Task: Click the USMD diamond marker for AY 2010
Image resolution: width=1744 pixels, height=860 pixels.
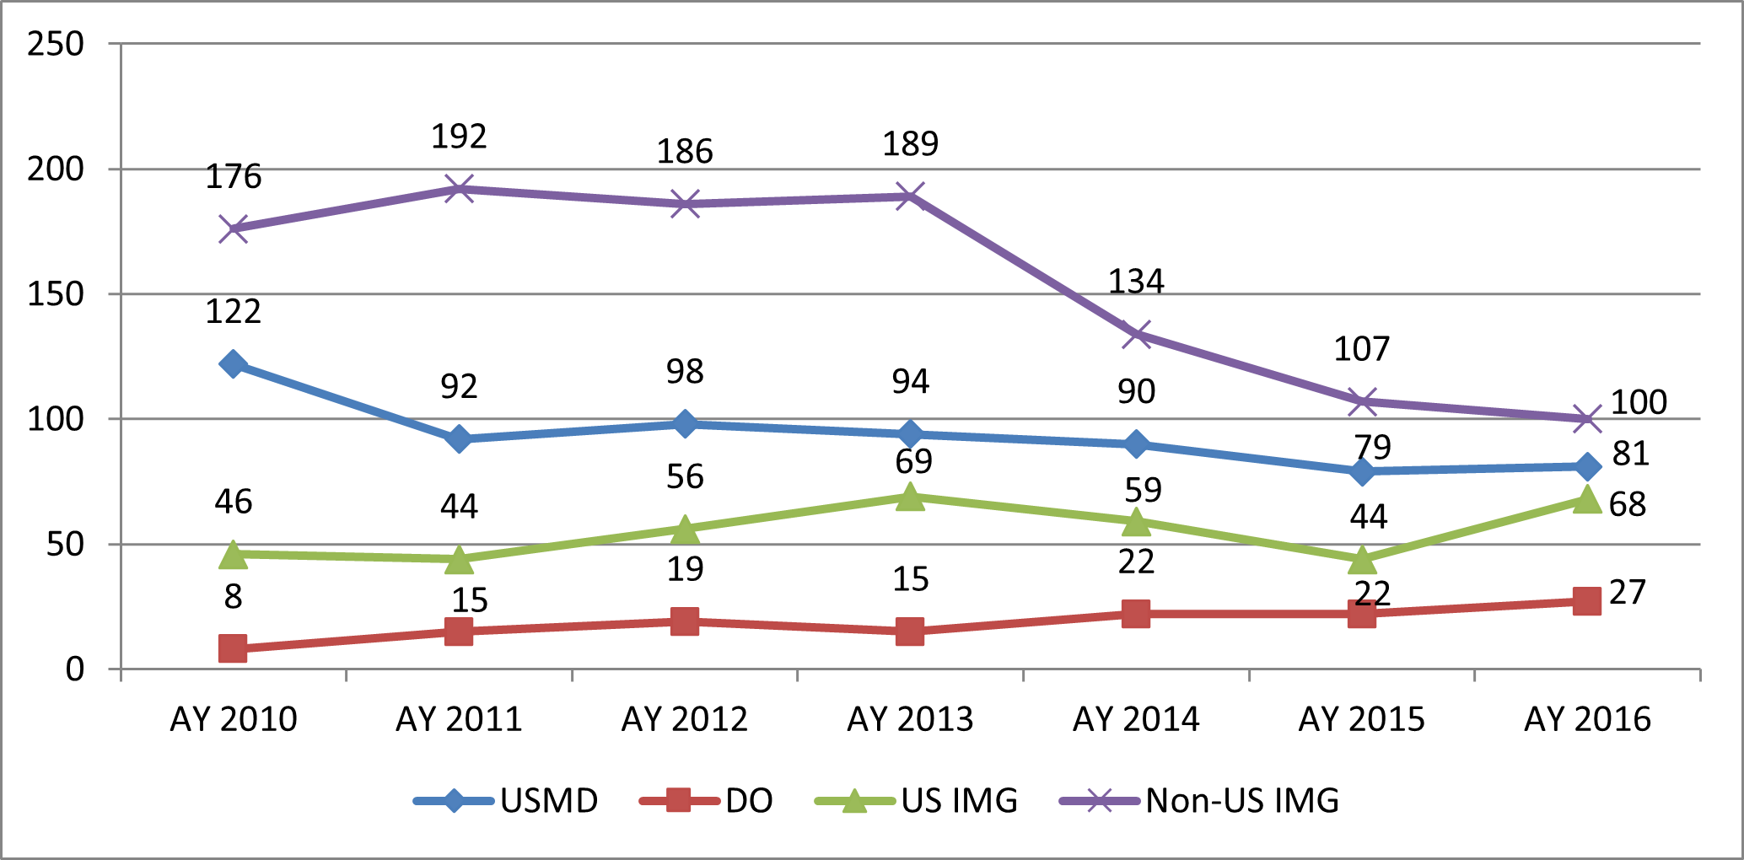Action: pyautogui.click(x=234, y=364)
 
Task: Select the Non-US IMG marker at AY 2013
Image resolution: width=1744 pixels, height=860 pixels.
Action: pyautogui.click(x=910, y=197)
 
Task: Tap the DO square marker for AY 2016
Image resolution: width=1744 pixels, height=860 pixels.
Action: pyautogui.click(x=1586, y=601)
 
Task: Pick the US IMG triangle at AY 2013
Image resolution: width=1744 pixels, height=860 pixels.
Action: pyautogui.click(x=910, y=497)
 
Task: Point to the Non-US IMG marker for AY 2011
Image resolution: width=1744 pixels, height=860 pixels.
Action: pyautogui.click(x=459, y=189)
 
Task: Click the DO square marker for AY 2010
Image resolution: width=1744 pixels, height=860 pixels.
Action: pyautogui.click(x=234, y=648)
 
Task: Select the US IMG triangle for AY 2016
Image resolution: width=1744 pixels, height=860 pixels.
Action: pyautogui.click(x=1586, y=499)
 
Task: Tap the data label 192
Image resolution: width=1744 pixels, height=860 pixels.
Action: pyautogui.click(x=459, y=137)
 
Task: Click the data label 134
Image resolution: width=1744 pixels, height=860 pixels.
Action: pyautogui.click(x=1136, y=282)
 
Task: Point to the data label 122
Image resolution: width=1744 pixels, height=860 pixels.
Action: pyautogui.click(x=234, y=312)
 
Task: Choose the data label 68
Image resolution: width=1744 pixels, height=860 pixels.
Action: pyautogui.click(x=1627, y=504)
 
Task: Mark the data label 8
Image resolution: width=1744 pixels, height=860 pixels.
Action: pyautogui.click(x=234, y=597)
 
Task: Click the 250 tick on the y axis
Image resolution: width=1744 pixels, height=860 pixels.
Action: pyautogui.click(x=56, y=44)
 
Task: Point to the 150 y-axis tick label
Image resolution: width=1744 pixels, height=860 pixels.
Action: pyautogui.click(x=56, y=294)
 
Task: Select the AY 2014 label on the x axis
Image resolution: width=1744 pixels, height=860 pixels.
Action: pyautogui.click(x=1136, y=719)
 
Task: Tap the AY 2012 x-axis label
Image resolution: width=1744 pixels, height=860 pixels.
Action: pyautogui.click(x=685, y=719)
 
